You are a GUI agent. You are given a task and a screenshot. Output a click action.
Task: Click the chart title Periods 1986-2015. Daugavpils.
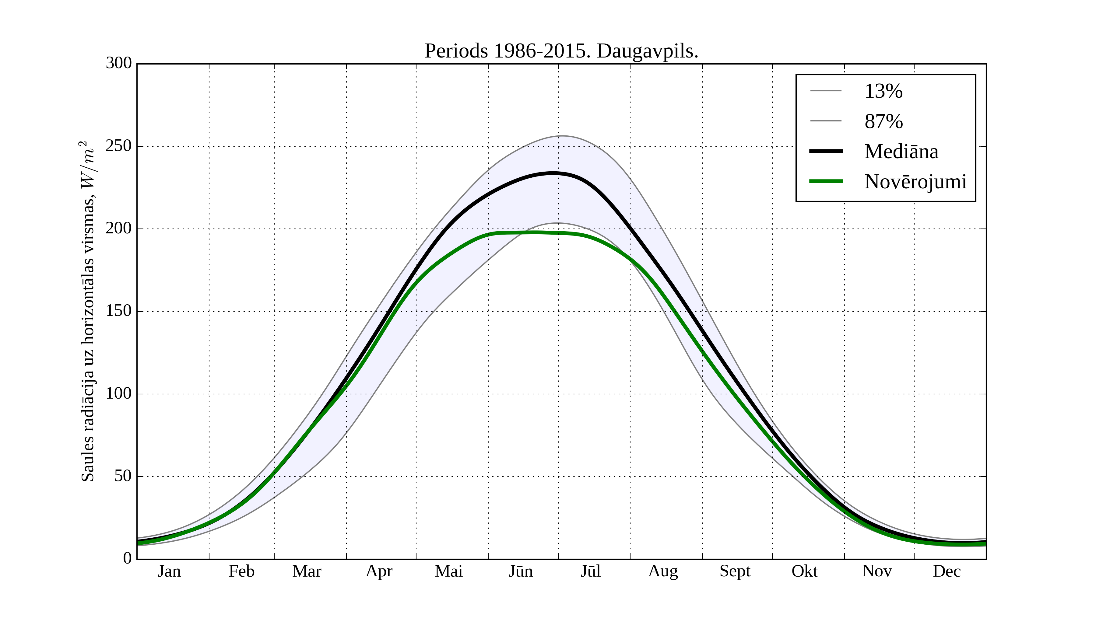561,51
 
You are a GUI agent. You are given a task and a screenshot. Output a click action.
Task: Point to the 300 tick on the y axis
118,64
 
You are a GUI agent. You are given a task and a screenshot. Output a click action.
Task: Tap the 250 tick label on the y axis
118,146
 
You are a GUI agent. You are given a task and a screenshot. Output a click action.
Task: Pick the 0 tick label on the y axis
128,558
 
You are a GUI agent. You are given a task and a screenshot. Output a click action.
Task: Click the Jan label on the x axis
169,571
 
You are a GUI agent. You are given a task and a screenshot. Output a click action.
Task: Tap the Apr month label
379,571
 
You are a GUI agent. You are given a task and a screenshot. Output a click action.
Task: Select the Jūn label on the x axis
521,571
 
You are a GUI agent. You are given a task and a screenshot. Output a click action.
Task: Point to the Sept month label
735,571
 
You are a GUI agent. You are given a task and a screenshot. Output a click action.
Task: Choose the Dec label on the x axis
947,571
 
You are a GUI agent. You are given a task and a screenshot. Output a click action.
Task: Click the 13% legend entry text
883,91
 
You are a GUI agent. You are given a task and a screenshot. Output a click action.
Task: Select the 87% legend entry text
883,121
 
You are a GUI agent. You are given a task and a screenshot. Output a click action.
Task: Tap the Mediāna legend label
901,152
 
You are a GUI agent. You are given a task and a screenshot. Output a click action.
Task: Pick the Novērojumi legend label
915,182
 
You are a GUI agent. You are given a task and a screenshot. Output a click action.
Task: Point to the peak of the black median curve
553,173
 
